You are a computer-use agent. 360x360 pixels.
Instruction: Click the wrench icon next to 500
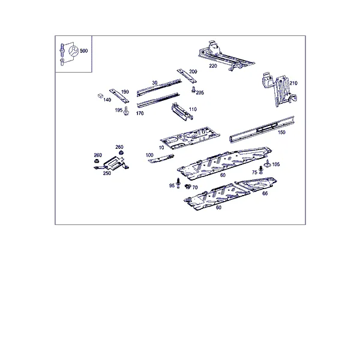tap(74, 51)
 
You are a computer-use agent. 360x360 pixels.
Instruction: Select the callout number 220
tap(213, 66)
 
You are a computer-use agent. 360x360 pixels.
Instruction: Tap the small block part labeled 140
tap(100, 95)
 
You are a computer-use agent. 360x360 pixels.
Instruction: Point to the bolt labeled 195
tap(126, 111)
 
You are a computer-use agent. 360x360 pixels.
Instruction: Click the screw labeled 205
tap(194, 89)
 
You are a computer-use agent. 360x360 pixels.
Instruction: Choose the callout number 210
tap(293, 83)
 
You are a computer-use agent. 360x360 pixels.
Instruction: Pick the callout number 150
tap(281, 132)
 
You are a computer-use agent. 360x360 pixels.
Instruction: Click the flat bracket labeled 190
tap(119, 96)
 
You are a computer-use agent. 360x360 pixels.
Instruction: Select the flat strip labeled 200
tap(187, 76)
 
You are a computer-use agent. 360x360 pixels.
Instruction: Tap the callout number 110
tap(193, 109)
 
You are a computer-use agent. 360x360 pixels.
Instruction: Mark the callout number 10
tap(161, 148)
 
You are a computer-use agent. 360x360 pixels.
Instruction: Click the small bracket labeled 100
tap(161, 158)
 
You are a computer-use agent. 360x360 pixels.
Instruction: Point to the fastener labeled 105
tap(267, 163)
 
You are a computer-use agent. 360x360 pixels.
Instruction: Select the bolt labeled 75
tap(260, 170)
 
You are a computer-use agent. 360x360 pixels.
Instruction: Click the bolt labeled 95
tap(178, 183)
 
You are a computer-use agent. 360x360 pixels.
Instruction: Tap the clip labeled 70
tap(188, 187)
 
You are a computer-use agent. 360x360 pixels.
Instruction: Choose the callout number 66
tap(265, 194)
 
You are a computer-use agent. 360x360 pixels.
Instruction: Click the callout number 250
tap(107, 173)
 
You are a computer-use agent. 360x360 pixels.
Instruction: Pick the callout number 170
tap(140, 113)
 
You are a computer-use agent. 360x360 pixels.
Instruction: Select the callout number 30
tap(155, 83)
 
